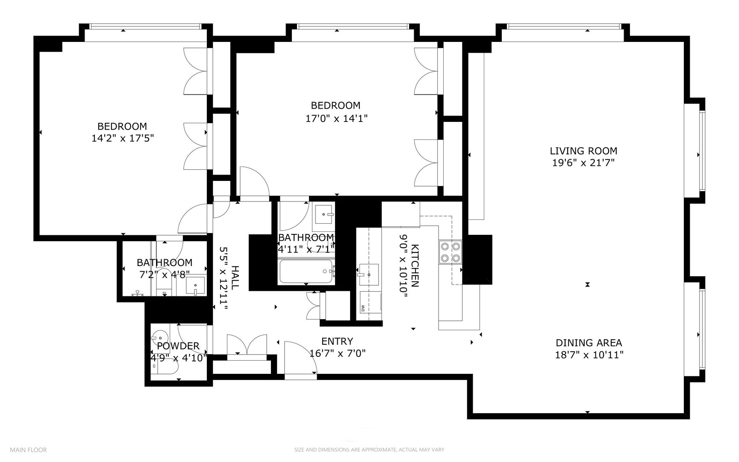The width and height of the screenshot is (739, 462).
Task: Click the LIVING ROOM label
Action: [583, 151]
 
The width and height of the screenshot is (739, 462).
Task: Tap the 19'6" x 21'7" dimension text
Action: [583, 163]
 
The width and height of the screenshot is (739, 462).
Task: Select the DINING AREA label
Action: [589, 343]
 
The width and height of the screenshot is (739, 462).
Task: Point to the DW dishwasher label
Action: [363, 307]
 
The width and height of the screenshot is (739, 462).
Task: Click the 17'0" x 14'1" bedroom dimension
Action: [336, 118]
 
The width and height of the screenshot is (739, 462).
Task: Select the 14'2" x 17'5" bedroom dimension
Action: [122, 138]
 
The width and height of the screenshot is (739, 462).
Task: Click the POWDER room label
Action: [178, 346]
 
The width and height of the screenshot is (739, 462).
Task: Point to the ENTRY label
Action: [337, 341]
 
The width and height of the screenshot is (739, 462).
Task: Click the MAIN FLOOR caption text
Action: [28, 450]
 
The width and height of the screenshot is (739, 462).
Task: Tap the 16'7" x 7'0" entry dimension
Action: [337, 353]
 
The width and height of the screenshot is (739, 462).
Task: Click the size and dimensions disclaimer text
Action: [369, 450]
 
